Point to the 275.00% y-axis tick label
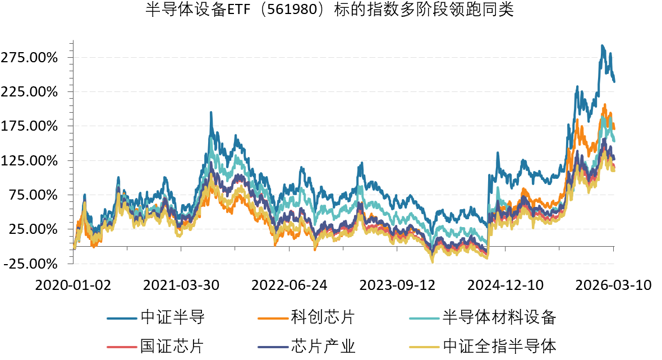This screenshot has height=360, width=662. [x=31, y=57]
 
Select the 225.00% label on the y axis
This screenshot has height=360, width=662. [x=31, y=91]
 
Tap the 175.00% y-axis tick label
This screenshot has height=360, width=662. [x=31, y=126]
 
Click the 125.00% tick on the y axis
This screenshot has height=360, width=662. [x=31, y=160]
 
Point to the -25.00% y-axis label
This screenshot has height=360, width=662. [x=32, y=264]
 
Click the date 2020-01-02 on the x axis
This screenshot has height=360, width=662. [x=73, y=285]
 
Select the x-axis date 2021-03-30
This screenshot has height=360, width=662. [x=182, y=285]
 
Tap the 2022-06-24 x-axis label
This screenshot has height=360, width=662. [x=289, y=285]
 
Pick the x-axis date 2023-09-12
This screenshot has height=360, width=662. [x=398, y=285]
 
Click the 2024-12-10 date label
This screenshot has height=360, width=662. [x=506, y=285]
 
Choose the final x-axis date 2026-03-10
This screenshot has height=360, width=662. [x=614, y=285]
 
